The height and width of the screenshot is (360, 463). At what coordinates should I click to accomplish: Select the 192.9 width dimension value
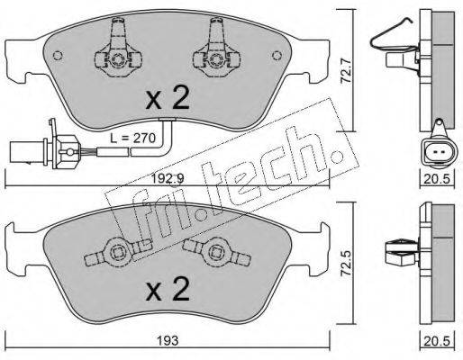168,179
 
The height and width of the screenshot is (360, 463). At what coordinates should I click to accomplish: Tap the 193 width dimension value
168,340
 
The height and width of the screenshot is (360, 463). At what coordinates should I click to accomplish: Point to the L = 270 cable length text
132,139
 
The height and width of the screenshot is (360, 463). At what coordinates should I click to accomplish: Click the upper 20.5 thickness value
437,179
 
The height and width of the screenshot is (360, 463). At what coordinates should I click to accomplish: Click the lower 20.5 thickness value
437,341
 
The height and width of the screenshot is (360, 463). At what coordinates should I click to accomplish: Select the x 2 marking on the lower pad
168,289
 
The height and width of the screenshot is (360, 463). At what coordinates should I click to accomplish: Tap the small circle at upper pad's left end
58,56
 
